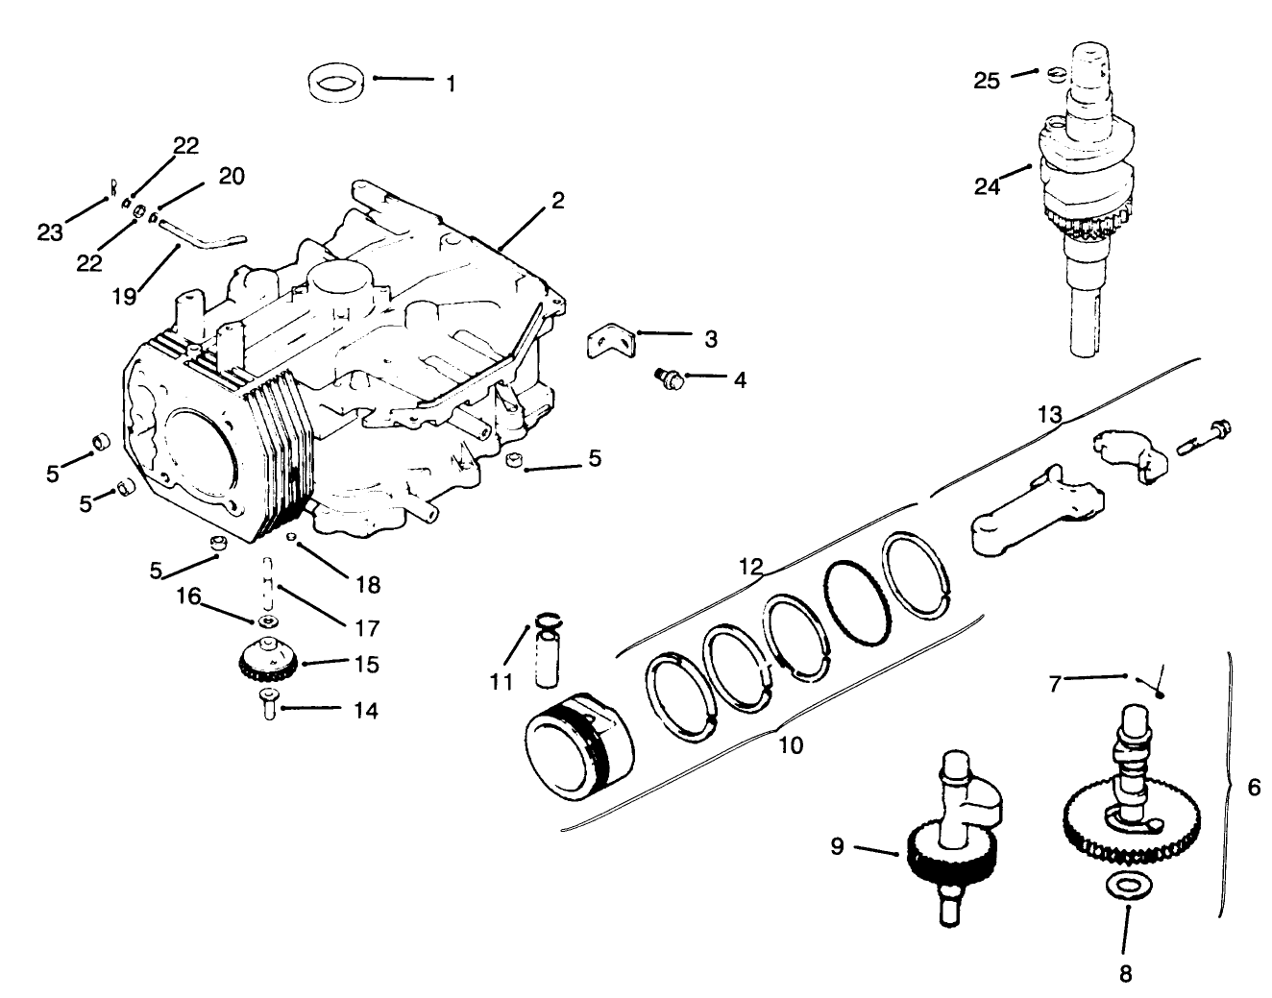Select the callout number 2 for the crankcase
[x=557, y=201]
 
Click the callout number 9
[x=838, y=846]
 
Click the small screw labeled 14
[x=266, y=709]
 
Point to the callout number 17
[x=366, y=628]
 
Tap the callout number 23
[x=50, y=231]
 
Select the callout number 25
[x=987, y=81]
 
